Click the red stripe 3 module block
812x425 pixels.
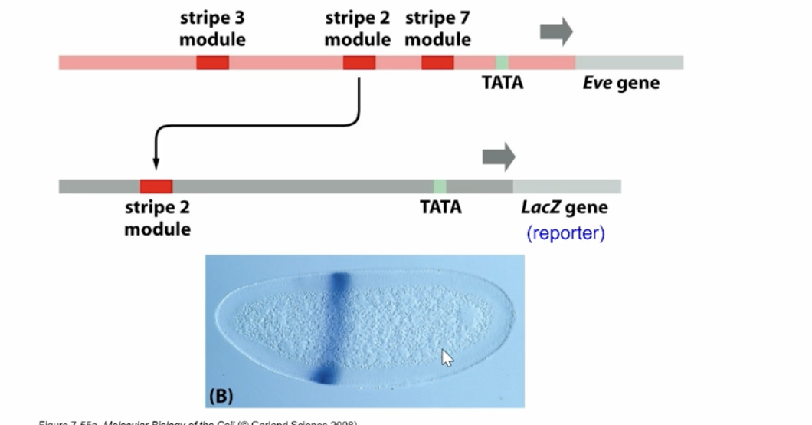coord(212,62)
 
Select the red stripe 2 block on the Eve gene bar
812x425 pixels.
coord(359,62)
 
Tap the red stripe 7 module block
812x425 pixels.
coord(437,62)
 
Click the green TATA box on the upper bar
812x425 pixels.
coord(502,62)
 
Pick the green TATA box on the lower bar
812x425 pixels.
coord(440,186)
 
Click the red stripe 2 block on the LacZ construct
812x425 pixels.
coord(156,186)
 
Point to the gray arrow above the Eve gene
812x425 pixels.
coord(556,31)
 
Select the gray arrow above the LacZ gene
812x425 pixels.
coord(498,156)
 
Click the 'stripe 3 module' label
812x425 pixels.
coord(212,28)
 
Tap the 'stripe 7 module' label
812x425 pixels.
coord(437,28)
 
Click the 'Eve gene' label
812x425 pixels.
coord(620,83)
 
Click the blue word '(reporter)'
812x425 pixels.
coord(565,232)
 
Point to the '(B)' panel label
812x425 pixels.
coord(220,396)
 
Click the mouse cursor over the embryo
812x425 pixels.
coord(446,357)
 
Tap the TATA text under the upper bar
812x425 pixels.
coord(502,83)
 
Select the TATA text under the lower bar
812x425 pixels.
coord(440,207)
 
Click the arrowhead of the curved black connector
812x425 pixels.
coord(156,163)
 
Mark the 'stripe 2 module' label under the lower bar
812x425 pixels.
coord(157,218)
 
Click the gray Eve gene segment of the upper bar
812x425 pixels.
coord(629,62)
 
